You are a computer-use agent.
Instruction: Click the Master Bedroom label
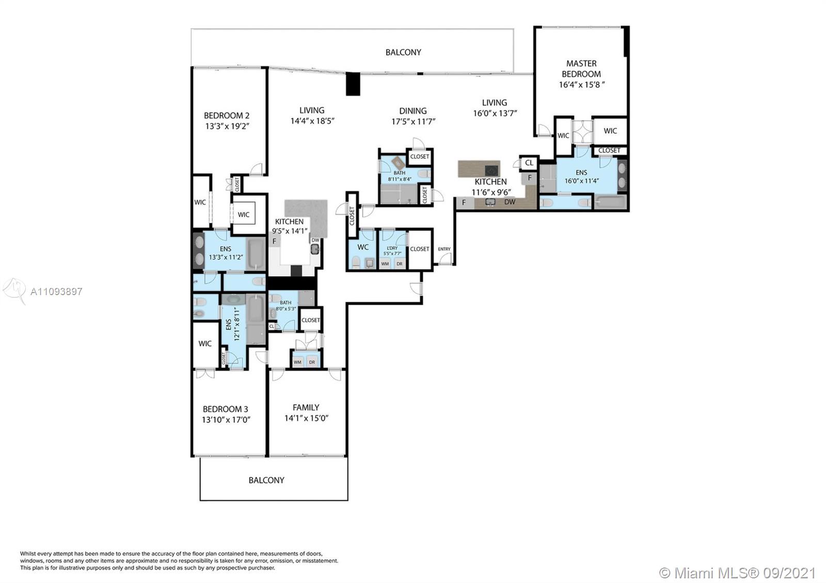pyautogui.click(x=581, y=69)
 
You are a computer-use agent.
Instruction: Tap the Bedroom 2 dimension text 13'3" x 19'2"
pyautogui.click(x=227, y=126)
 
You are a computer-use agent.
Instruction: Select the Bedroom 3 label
pyautogui.click(x=225, y=409)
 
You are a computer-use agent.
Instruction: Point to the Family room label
pyautogui.click(x=306, y=408)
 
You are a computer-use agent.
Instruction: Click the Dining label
pyautogui.click(x=412, y=111)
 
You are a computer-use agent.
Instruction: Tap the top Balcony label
pyautogui.click(x=403, y=52)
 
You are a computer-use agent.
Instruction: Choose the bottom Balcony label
pyautogui.click(x=266, y=480)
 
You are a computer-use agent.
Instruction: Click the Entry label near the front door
pyautogui.click(x=444, y=249)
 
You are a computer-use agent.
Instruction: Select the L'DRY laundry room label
pyautogui.click(x=392, y=248)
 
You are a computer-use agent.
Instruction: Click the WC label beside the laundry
pyautogui.click(x=363, y=247)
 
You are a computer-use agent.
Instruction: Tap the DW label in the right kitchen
pyautogui.click(x=510, y=202)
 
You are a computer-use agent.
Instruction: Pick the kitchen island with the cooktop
pyautogui.click(x=479, y=169)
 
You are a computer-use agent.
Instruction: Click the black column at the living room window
pyautogui.click(x=353, y=84)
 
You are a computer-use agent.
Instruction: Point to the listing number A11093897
pyautogui.click(x=56, y=291)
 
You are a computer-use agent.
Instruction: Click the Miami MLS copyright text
pyautogui.click(x=738, y=573)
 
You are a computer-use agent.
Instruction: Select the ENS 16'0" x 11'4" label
pyautogui.click(x=581, y=176)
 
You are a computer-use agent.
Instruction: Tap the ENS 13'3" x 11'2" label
pyautogui.click(x=225, y=253)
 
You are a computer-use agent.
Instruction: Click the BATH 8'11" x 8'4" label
pyautogui.click(x=399, y=176)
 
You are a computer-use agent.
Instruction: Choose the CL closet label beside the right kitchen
pyautogui.click(x=529, y=163)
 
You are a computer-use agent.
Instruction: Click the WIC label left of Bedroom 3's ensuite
pyautogui.click(x=205, y=344)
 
